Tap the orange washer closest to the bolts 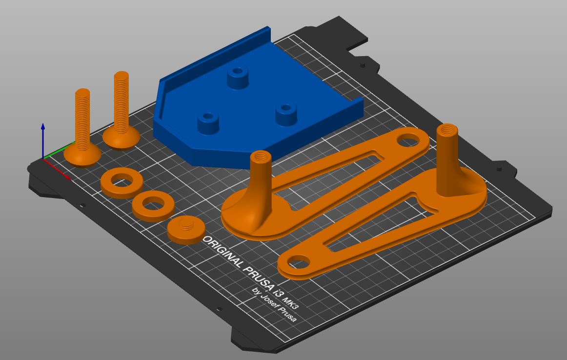pyautogui.click(x=121, y=183)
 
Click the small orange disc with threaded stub pyautogui.click(x=185, y=229)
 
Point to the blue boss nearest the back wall pyautogui.click(x=238, y=77)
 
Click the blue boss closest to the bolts pyautogui.click(x=208, y=122)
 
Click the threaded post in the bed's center pyautogui.click(x=260, y=180)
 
